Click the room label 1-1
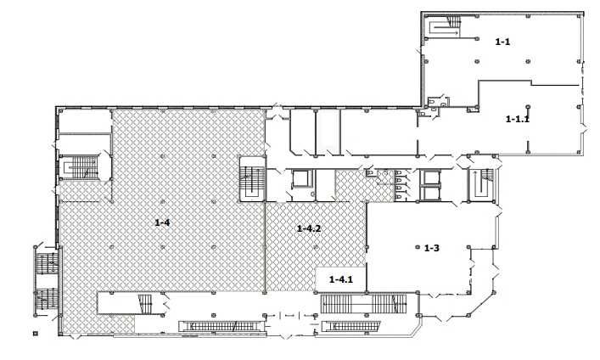(502, 42)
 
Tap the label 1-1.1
(518, 119)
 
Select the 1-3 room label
(432, 248)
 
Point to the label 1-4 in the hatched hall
(162, 222)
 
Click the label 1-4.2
(309, 228)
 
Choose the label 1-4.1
(341, 279)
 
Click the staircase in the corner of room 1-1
(445, 26)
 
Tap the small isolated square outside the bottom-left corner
(36, 333)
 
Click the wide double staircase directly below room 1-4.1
(363, 303)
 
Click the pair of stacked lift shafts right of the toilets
(430, 185)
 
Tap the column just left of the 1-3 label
(418, 247)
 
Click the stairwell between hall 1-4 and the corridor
(253, 178)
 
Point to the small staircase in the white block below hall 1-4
(145, 304)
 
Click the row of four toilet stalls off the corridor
(399, 185)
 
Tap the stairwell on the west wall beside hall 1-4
(81, 167)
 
